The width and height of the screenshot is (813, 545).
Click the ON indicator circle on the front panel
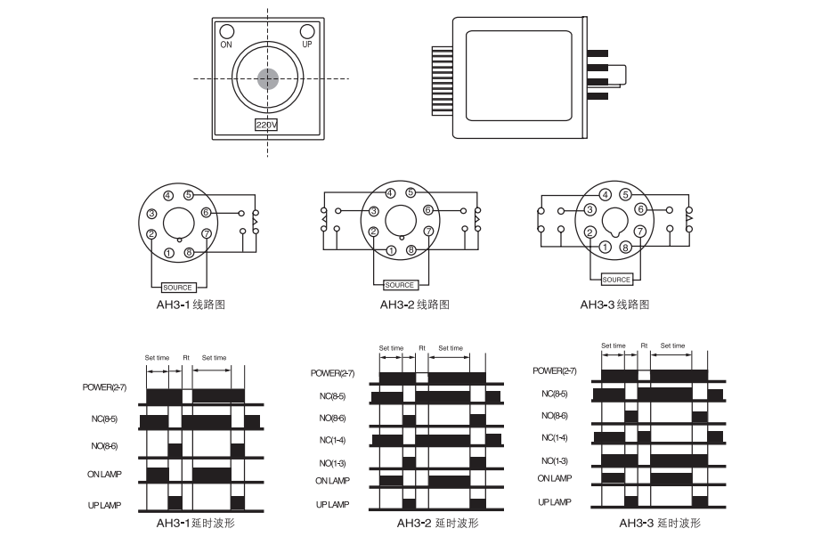pos(226,31)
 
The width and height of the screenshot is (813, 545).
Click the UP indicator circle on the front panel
pos(307,31)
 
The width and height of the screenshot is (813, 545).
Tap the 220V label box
pos(266,125)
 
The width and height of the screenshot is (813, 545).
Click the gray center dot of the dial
pos(268,79)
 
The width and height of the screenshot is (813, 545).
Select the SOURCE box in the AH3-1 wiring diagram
pos(177,288)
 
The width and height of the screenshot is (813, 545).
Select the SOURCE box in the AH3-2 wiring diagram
pos(399,285)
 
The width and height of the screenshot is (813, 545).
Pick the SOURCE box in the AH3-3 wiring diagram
pos(616,280)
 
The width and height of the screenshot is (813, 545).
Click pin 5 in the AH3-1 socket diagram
pos(189,195)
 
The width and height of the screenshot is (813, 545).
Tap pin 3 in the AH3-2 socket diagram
pos(373,211)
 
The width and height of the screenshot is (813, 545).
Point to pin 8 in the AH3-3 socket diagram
pos(625,247)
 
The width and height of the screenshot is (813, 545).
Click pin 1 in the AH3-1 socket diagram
pos(169,253)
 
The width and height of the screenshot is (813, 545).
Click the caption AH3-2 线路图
pos(415,305)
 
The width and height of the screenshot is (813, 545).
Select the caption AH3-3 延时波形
pos(660,523)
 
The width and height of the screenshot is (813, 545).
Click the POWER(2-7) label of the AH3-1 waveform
pos(104,387)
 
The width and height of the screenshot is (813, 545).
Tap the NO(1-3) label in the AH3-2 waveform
pos(332,463)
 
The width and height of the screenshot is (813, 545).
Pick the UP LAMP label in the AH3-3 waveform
pos(555,502)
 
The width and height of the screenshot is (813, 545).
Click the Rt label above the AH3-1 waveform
pos(186,358)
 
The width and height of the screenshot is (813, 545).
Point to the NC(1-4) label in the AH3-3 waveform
pos(554,437)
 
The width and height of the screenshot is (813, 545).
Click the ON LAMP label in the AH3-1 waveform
pos(105,474)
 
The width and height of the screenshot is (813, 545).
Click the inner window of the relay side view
pos(519,76)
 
